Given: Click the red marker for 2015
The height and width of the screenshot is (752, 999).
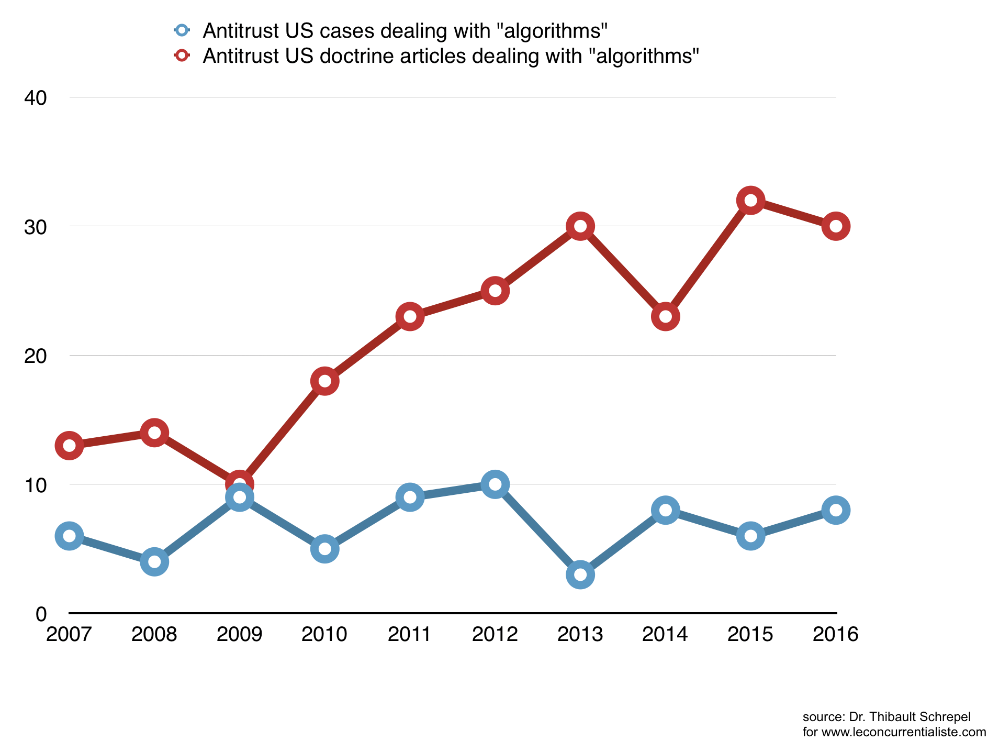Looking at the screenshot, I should tap(750, 201).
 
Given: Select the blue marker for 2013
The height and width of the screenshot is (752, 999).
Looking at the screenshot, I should tap(580, 574).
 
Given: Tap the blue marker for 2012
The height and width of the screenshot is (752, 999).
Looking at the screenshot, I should tap(495, 484).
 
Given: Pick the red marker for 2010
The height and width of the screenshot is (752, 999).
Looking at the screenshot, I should tap(324, 381).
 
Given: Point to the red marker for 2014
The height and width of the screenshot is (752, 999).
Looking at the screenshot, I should tap(665, 316).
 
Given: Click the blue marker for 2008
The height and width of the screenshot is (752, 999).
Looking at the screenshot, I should tap(154, 562).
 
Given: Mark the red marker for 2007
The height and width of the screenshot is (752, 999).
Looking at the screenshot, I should tap(69, 446).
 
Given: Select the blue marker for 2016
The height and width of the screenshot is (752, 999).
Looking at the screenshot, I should tap(836, 510).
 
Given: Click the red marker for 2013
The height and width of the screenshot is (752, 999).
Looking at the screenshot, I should tap(580, 226).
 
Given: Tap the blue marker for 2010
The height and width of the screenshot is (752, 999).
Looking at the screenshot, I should tap(324, 549).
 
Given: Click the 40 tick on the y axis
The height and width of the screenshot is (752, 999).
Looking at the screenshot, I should tap(36, 97).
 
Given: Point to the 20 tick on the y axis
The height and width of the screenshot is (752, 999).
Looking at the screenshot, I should tap(36, 356).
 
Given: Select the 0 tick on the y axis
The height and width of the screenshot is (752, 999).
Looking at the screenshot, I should tap(41, 614).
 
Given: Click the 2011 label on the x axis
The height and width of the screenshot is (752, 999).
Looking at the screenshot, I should tap(410, 634).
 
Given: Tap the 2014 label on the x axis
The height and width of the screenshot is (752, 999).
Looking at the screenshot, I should tap(665, 634).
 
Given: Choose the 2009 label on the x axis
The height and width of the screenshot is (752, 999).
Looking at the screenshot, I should tap(239, 634).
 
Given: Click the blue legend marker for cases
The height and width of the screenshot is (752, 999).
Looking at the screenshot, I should tap(182, 30).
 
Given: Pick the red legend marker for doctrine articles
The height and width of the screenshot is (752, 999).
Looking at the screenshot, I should tap(182, 56).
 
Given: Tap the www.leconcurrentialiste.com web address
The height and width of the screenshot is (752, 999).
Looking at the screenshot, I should tap(904, 732).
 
